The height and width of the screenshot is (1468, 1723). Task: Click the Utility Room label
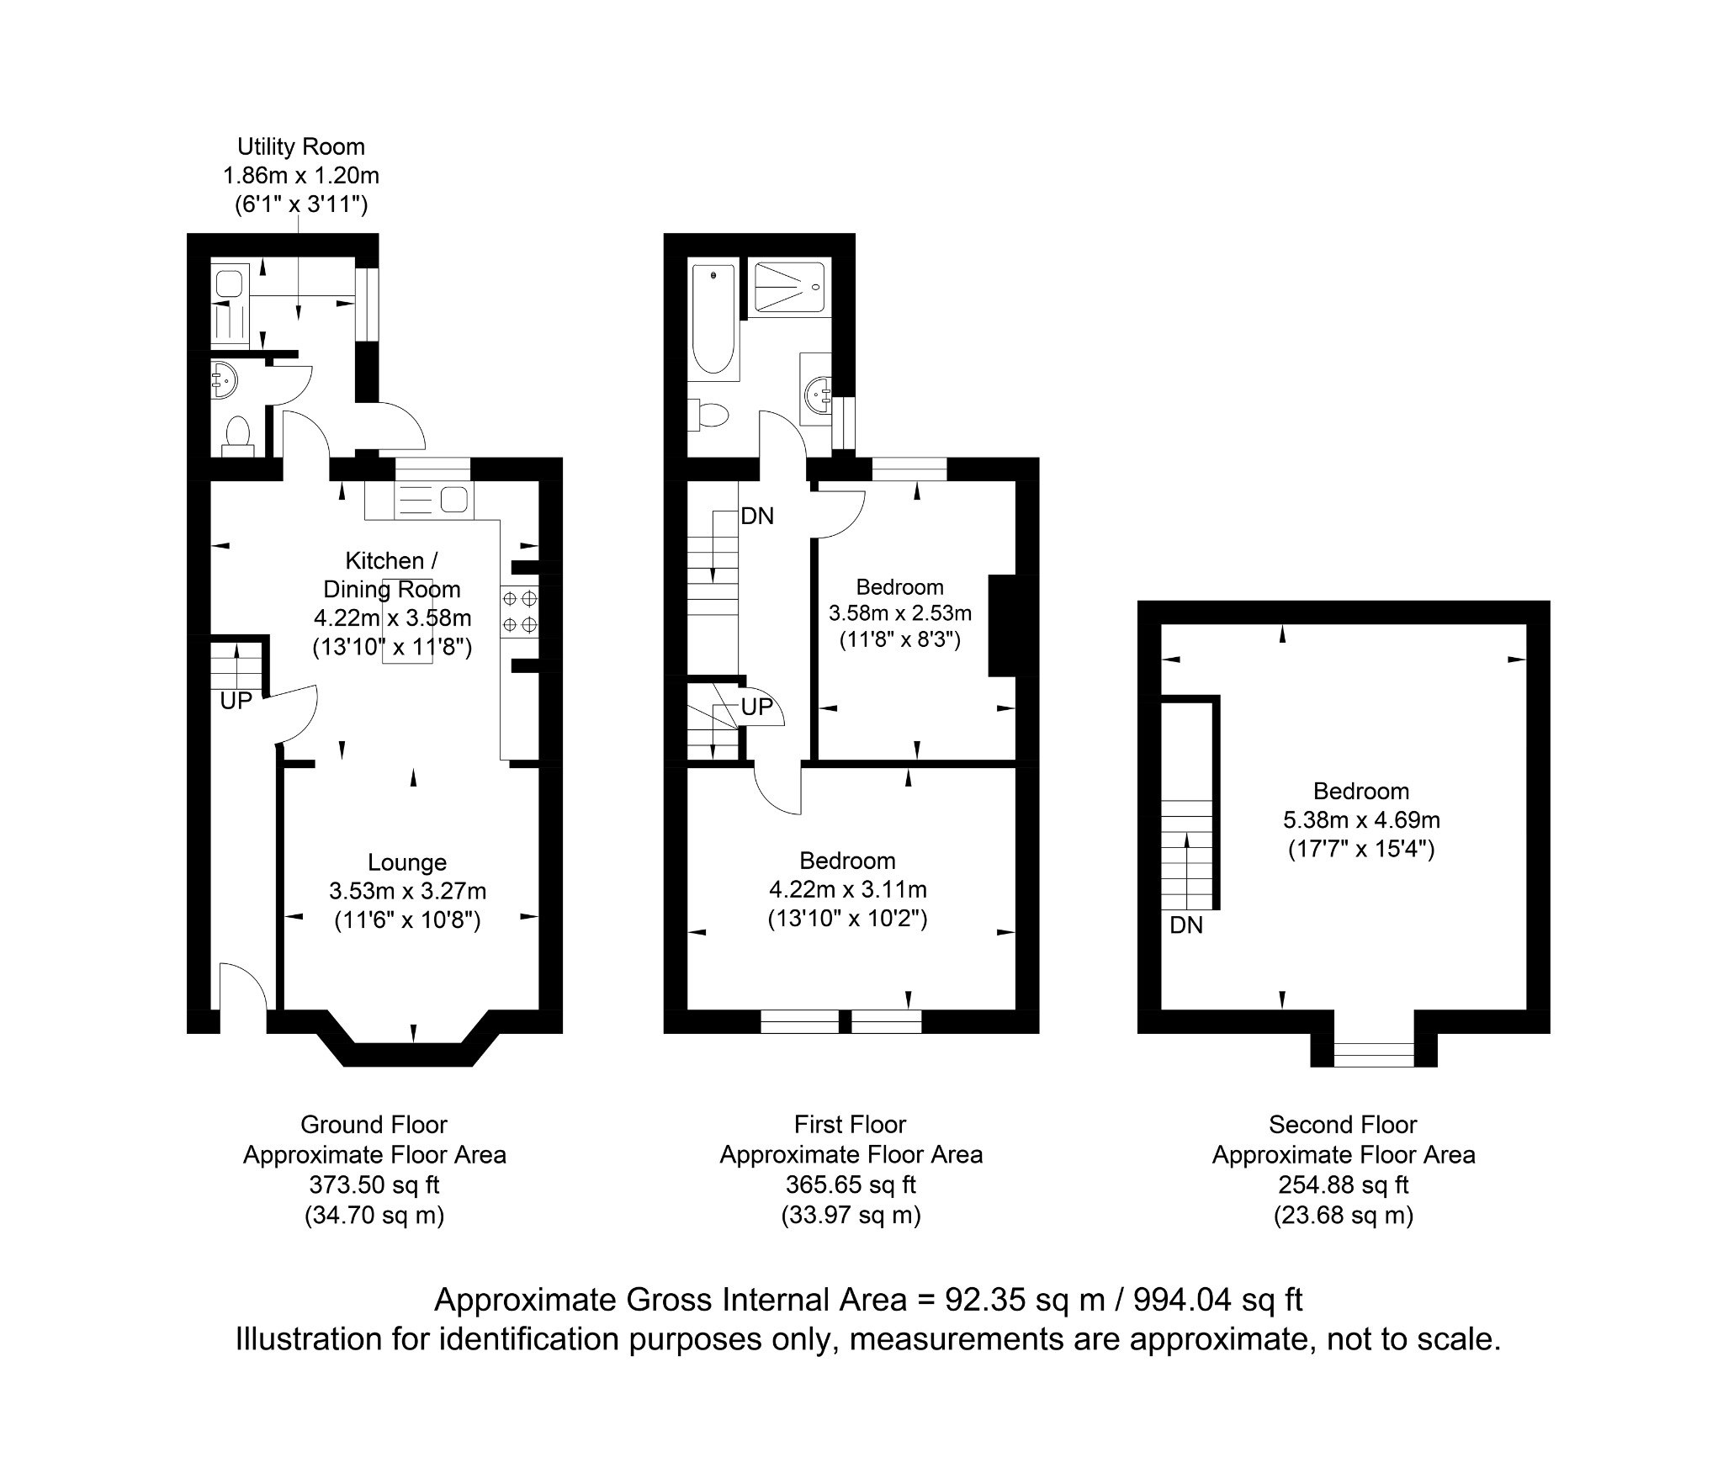pos(300,146)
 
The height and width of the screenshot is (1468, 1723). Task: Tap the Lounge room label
pos(407,862)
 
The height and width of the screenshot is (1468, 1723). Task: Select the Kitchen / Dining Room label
pos(392,575)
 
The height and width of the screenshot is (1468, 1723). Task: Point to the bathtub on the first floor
pos(714,320)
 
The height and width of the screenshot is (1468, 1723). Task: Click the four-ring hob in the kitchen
pos(519,612)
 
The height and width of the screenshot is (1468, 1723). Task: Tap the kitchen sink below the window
pos(433,500)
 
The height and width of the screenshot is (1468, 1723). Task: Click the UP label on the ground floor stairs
pos(236,701)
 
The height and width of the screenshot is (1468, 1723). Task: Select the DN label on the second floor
pos(1186,925)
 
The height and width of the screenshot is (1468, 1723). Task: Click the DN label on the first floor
pos(757,516)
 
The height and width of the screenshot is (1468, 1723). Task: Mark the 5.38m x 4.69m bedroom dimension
pos(1361,819)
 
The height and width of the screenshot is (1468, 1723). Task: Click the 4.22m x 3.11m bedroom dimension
pos(848,889)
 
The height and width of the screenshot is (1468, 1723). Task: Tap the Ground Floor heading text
pos(374,1124)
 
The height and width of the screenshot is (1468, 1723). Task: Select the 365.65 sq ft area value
pos(851,1184)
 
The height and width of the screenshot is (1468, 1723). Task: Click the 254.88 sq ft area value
pos(1344,1184)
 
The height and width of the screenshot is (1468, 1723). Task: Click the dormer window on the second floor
pos(1374,1054)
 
